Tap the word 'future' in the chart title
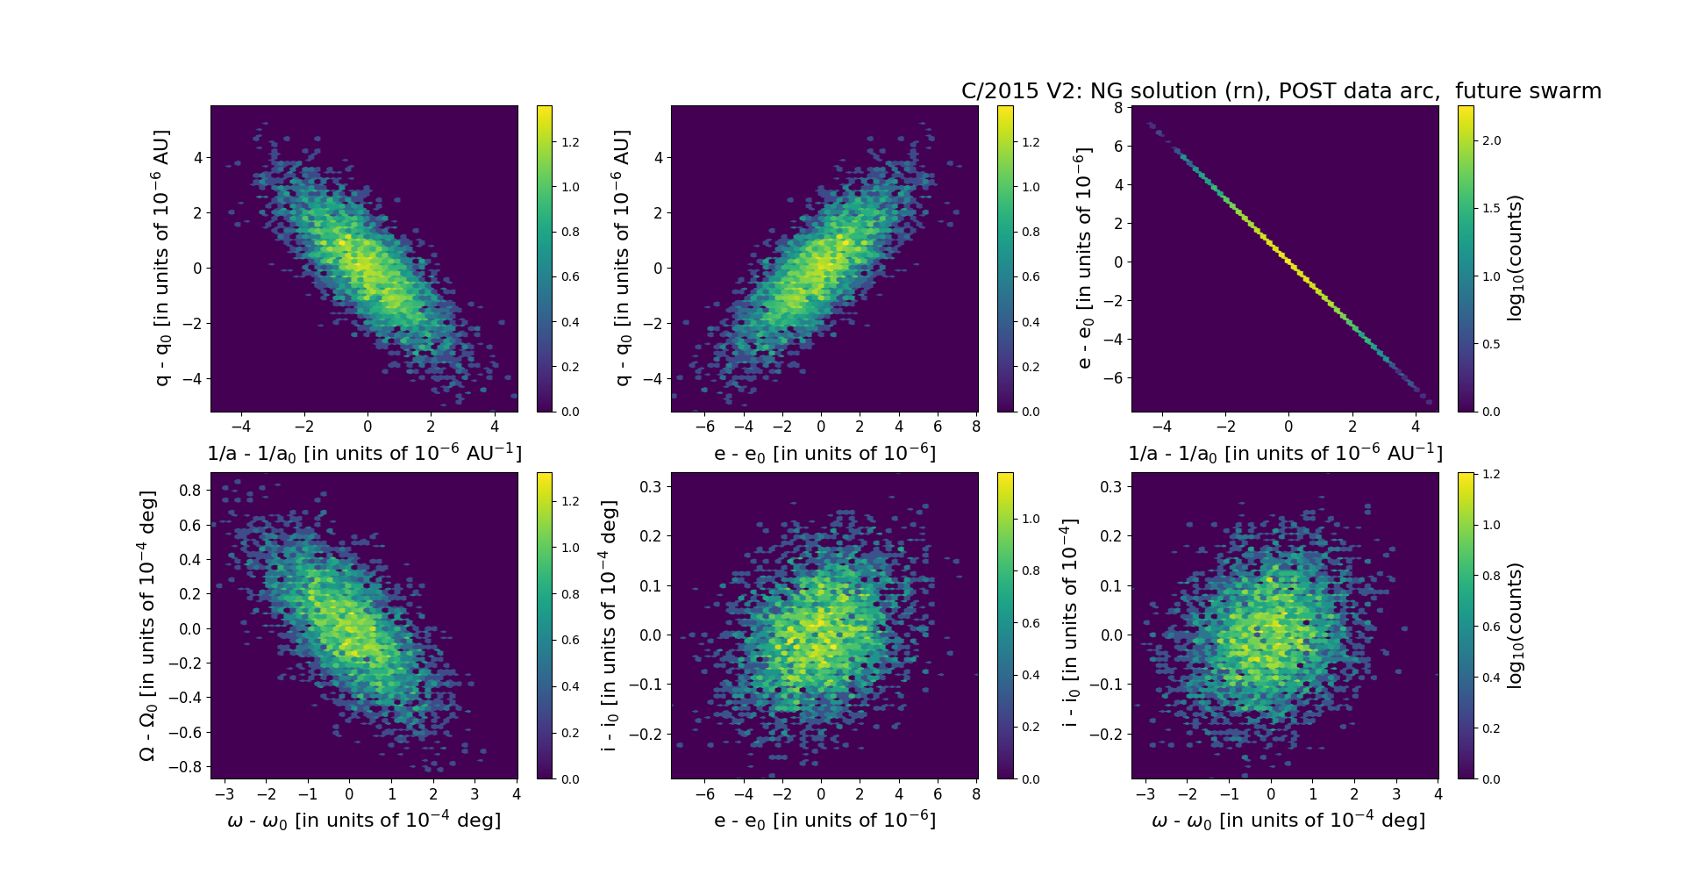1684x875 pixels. pyautogui.click(x=1491, y=91)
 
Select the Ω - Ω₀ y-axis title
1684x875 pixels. pyautogui.click(x=147, y=625)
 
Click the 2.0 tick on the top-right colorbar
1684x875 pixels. pyautogui.click(x=1491, y=140)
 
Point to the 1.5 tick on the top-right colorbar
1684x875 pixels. pyautogui.click(x=1491, y=208)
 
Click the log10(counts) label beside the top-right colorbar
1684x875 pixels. pyautogui.click(x=1515, y=258)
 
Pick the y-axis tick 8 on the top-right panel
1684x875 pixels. pyautogui.click(x=1118, y=108)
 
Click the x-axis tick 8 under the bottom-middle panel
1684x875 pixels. pyautogui.click(x=976, y=794)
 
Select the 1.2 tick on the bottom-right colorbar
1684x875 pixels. pyautogui.click(x=1491, y=475)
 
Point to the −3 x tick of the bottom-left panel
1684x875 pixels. pyautogui.click(x=224, y=794)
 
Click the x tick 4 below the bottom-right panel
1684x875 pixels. pyautogui.click(x=1437, y=794)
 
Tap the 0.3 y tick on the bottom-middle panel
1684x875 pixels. pyautogui.click(x=651, y=486)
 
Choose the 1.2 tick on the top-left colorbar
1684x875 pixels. pyautogui.click(x=570, y=142)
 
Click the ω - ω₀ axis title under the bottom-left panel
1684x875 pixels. pyautogui.click(x=364, y=821)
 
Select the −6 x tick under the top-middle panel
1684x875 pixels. pyautogui.click(x=704, y=427)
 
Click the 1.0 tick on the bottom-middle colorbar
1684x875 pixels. pyautogui.click(x=1031, y=519)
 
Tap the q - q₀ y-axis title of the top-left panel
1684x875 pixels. pyautogui.click(x=162, y=258)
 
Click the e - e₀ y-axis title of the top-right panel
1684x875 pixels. pyautogui.click(x=1084, y=258)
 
